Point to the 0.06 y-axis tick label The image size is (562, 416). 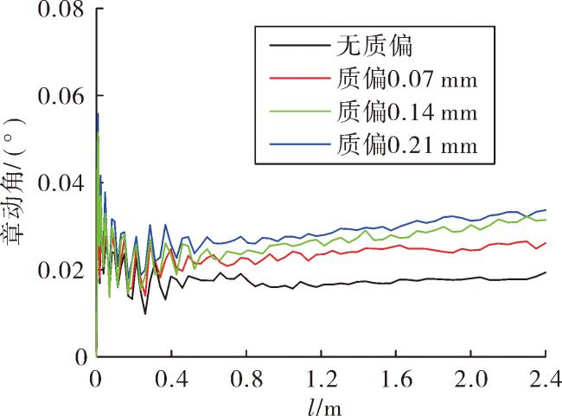(61, 96)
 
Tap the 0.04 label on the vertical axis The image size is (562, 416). (61, 183)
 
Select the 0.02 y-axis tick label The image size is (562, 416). (61, 271)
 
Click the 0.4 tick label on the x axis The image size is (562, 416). (171, 379)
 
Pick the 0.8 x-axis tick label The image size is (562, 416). (246, 379)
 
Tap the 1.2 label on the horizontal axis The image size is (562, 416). (322, 379)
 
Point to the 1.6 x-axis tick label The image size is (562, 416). (396, 379)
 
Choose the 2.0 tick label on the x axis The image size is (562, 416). (471, 379)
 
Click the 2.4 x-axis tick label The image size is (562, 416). (546, 379)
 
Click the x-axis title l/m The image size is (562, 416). (324, 407)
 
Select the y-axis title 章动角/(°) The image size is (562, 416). (15, 182)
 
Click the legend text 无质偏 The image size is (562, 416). (374, 46)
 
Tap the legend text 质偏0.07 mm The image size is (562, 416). (407, 79)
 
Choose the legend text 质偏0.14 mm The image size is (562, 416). (407, 112)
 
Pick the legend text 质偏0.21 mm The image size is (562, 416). (407, 144)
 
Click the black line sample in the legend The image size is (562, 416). (300, 45)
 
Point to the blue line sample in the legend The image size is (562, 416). (300, 144)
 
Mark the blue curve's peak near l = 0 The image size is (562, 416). (98, 113)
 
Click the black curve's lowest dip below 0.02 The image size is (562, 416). (145, 314)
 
